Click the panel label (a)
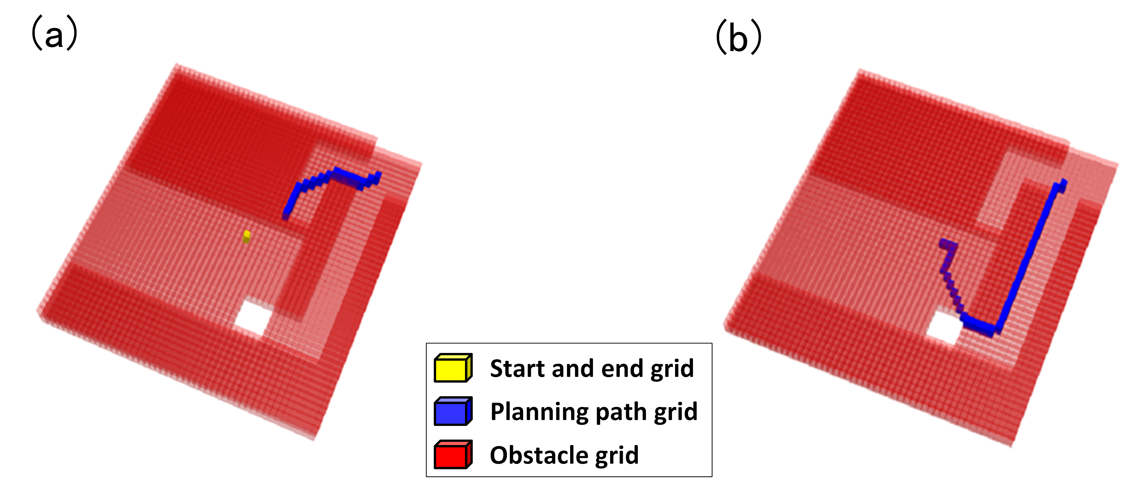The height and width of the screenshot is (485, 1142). pos(54,34)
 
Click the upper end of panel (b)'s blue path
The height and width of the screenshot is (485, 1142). pos(1063,184)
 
